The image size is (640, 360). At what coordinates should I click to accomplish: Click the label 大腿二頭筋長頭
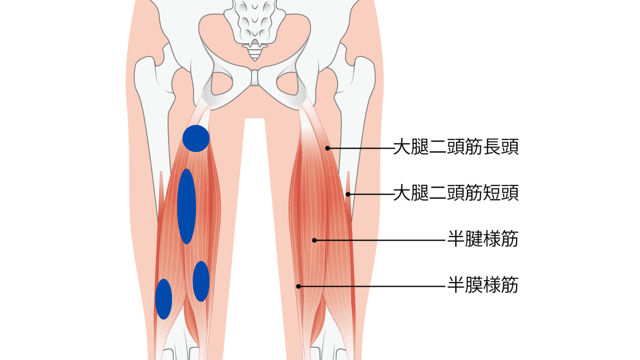point(456,147)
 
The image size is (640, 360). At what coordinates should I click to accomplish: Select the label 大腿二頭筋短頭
point(456,193)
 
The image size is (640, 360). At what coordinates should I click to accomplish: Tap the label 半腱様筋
point(483,239)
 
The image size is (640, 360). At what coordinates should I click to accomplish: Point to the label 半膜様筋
point(483,285)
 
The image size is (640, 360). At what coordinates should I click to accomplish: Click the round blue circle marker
point(196,138)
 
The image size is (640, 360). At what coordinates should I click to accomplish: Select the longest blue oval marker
point(187,206)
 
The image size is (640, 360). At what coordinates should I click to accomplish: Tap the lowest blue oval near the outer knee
point(164,299)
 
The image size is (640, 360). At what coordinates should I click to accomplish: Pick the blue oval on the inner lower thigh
point(201,281)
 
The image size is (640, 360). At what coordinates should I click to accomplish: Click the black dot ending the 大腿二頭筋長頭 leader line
point(328,148)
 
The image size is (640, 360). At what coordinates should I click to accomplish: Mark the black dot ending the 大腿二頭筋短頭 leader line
point(348,194)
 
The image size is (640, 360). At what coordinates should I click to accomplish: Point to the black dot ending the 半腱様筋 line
point(314,240)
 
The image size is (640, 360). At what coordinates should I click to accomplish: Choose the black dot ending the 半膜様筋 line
point(299,286)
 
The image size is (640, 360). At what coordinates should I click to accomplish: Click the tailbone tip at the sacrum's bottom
point(255,59)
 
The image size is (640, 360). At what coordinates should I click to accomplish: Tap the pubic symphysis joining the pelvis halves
point(255,77)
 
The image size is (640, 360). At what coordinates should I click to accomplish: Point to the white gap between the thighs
point(255,233)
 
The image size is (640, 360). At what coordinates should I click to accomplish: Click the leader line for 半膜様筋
point(372,286)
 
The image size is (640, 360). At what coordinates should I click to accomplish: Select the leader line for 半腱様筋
point(380,240)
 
